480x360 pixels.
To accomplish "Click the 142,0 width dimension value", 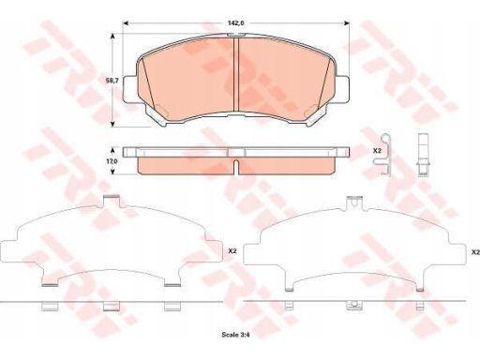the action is point(235,22).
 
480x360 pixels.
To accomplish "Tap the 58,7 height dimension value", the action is point(112,81).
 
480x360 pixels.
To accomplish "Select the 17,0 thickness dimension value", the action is point(112,161).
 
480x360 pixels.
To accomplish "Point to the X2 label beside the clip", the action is point(377,151).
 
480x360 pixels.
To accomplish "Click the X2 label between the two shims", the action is point(232,250).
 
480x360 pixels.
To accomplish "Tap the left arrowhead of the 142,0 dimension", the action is point(126,23).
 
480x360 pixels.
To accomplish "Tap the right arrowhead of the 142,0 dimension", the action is point(347,23).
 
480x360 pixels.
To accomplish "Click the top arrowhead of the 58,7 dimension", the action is point(113,36).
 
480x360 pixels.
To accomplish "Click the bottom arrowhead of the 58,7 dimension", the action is point(113,124).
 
